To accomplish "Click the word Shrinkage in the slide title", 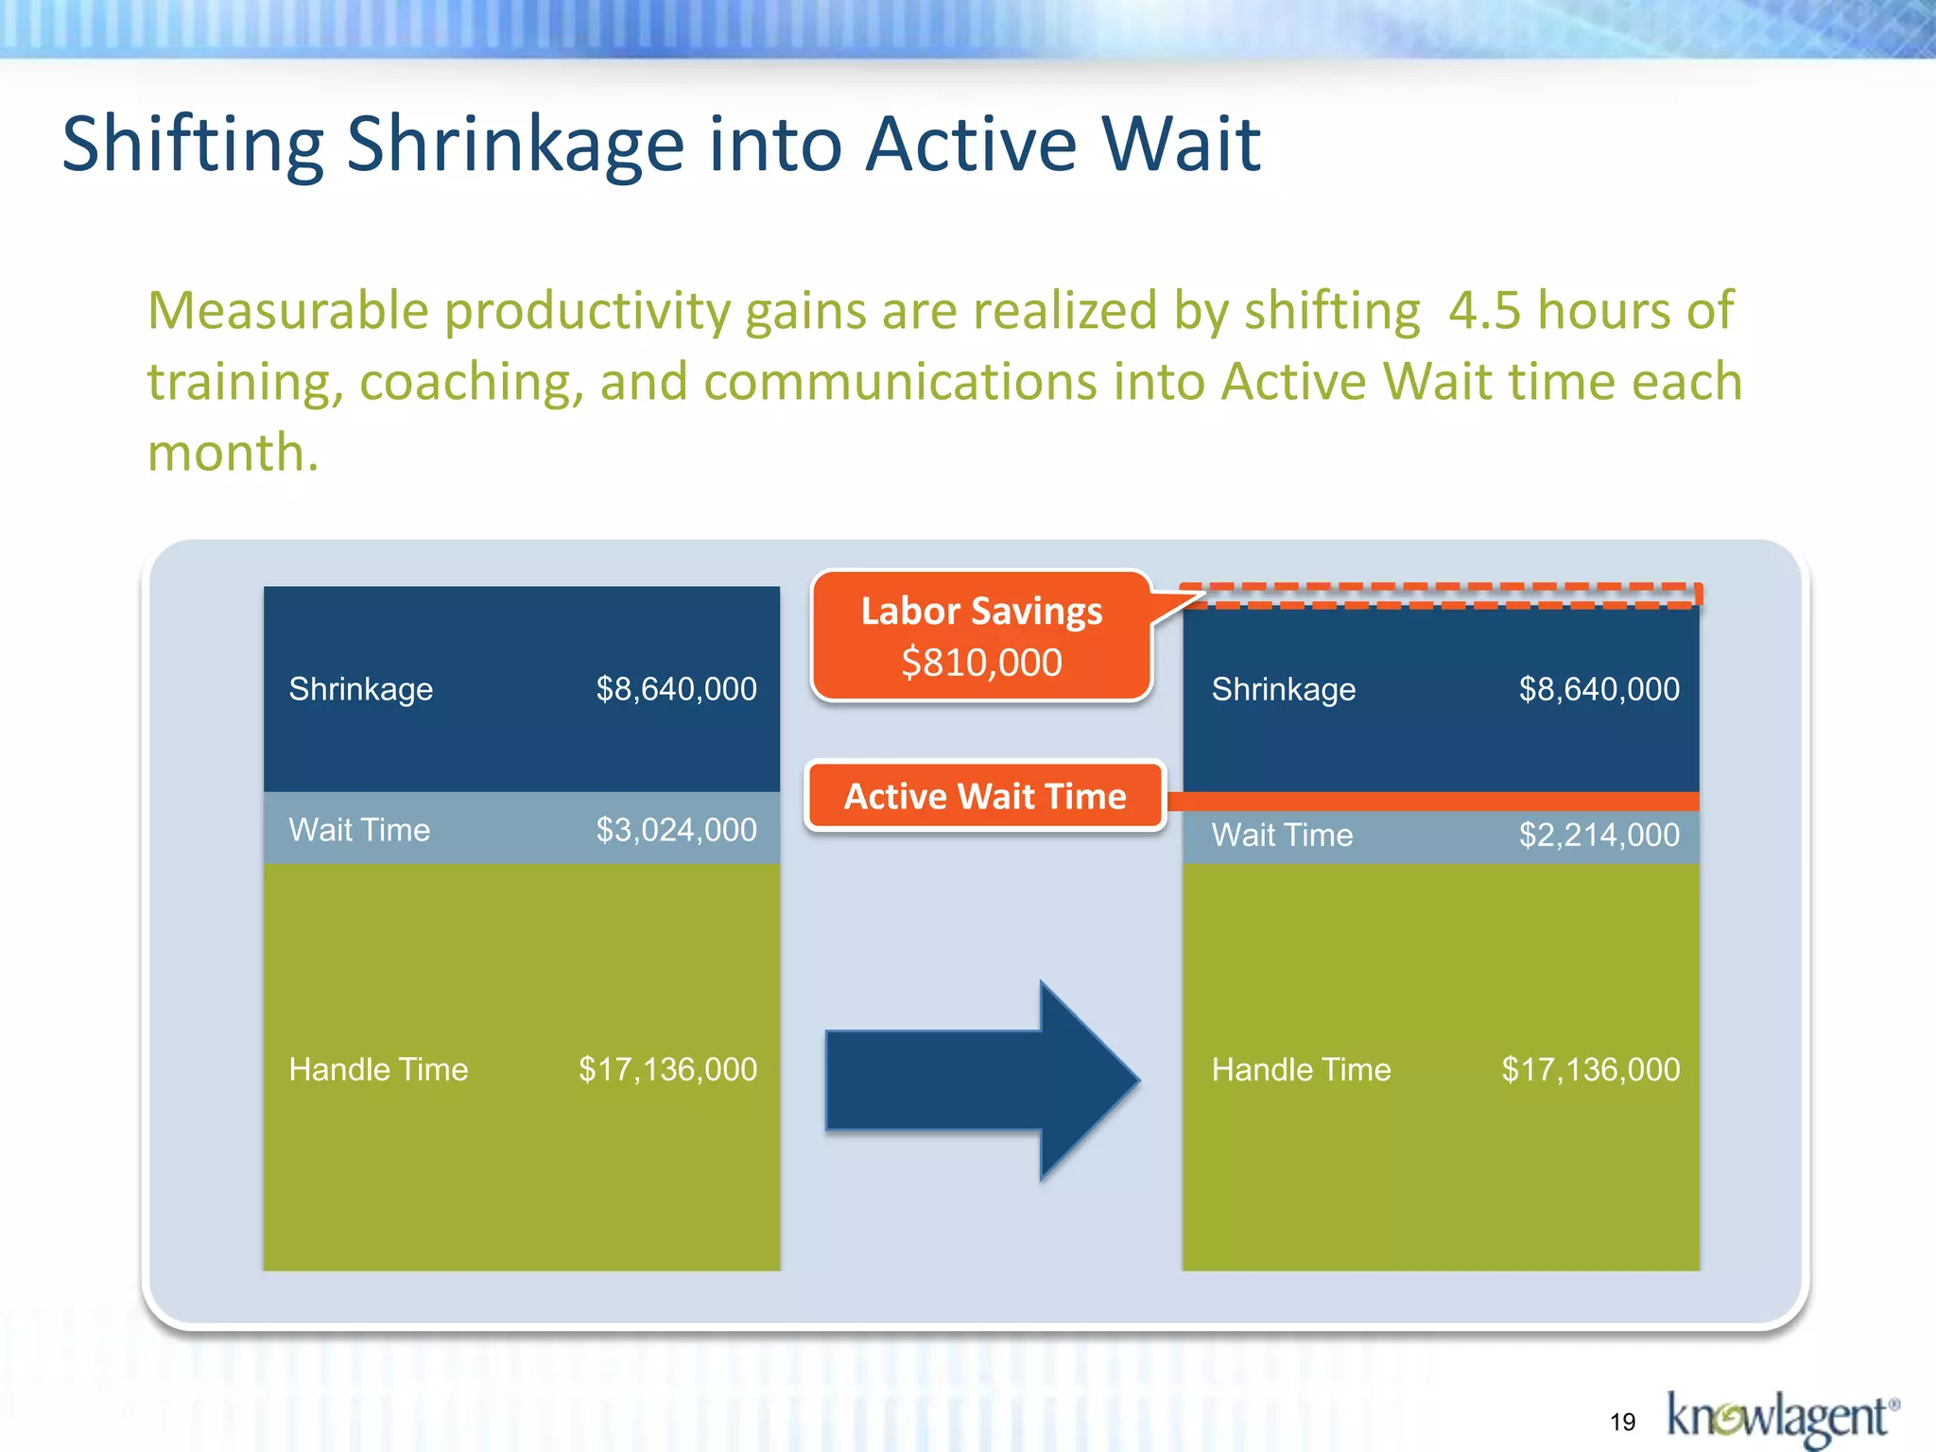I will [515, 145].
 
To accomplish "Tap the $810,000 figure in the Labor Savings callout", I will [981, 663].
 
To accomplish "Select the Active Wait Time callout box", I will [985, 796].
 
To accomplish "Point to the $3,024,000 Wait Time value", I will [676, 830].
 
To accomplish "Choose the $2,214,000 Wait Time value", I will [1599, 835].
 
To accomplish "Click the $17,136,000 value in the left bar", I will [667, 1069].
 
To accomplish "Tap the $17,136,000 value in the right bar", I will [1590, 1069].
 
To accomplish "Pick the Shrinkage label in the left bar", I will [361, 689].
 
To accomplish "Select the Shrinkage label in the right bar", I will [1284, 689].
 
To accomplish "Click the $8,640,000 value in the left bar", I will [676, 689].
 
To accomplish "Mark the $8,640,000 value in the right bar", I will [1599, 689].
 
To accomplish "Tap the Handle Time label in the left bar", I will [378, 1069].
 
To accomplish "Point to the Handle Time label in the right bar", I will [1301, 1069].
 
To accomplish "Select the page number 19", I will [1622, 1422].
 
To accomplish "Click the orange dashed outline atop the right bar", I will [1442, 596].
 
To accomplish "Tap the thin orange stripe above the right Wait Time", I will [1442, 802].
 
